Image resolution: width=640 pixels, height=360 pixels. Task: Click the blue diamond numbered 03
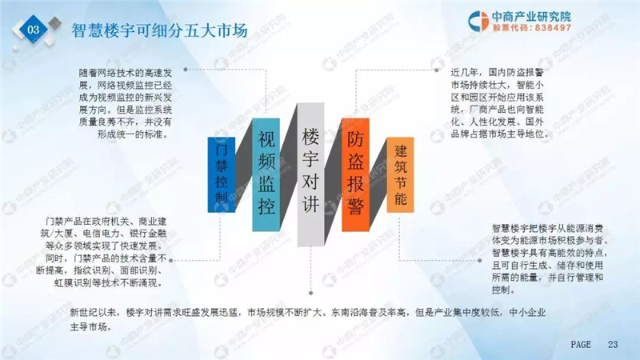tap(34, 29)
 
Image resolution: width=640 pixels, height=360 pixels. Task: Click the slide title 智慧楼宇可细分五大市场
tap(159, 30)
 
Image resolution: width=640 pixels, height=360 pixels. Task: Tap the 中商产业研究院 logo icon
tap(478, 21)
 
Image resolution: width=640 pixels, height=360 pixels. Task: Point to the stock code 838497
tap(553, 28)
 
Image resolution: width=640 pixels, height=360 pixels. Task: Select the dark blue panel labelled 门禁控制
tap(222, 174)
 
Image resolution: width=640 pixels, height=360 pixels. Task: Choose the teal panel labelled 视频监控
tap(266, 174)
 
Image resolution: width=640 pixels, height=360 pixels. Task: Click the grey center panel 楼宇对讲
tap(310, 174)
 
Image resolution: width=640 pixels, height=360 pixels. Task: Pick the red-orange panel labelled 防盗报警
tap(355, 174)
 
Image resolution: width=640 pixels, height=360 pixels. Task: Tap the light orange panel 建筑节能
tap(401, 174)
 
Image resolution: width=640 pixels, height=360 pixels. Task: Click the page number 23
tap(613, 345)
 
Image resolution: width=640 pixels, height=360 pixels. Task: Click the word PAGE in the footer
tap(581, 345)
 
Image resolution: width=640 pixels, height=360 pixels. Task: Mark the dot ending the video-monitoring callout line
tap(186, 70)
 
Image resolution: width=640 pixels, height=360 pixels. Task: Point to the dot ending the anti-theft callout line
tap(436, 70)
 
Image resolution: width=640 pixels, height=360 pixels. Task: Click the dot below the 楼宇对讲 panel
tap(311, 293)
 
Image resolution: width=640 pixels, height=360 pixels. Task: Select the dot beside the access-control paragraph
tap(171, 259)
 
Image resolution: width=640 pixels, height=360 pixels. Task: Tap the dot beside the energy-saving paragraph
tap(479, 260)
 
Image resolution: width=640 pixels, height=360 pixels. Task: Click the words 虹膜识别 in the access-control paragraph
tap(73, 282)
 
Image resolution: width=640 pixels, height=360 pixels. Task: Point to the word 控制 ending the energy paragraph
tap(502, 290)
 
